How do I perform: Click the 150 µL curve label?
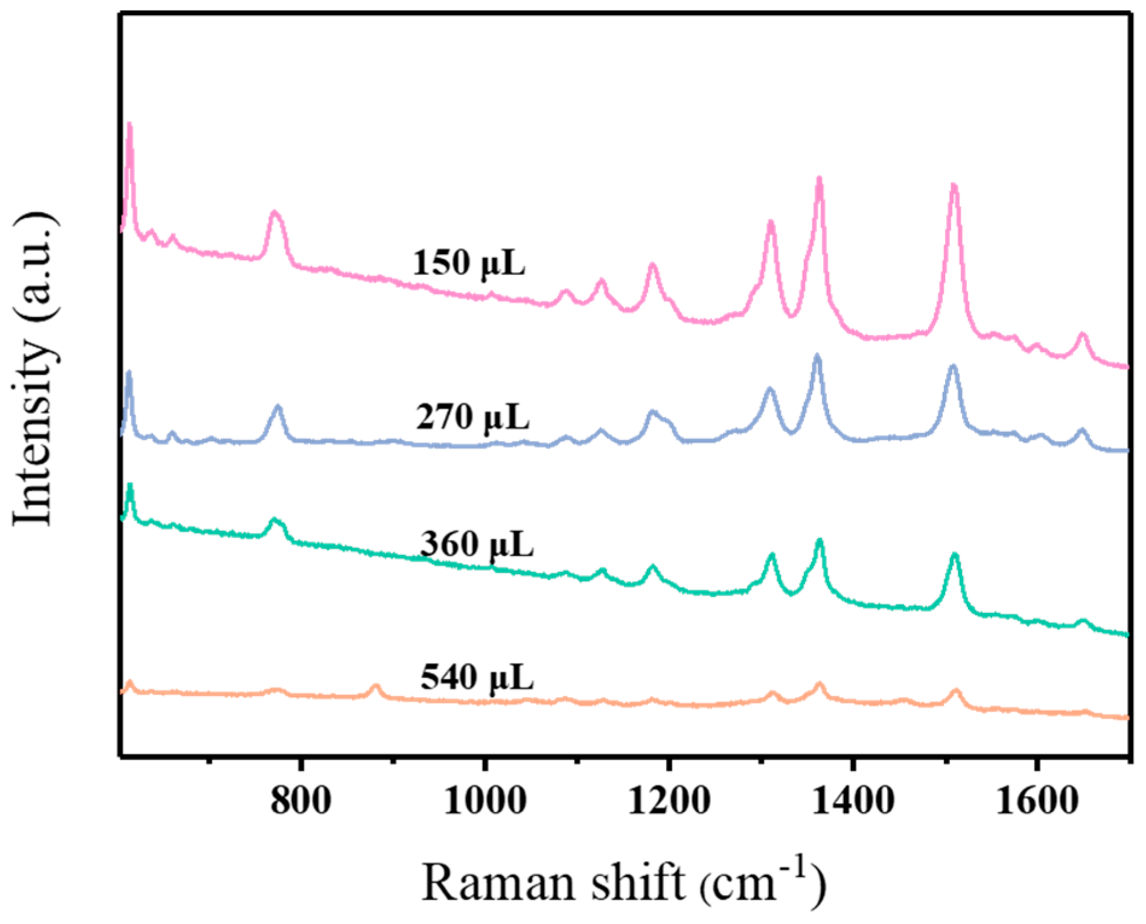(x=469, y=264)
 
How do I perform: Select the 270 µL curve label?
(x=473, y=417)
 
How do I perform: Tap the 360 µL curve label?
(x=477, y=544)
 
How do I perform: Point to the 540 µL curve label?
(x=477, y=677)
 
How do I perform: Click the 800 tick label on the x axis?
(x=301, y=801)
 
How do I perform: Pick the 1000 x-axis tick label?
(x=485, y=801)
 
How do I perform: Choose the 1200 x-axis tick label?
(x=669, y=801)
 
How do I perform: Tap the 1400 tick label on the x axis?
(x=852, y=801)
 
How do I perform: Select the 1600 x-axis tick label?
(x=1036, y=801)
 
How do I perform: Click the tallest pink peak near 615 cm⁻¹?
(x=129, y=126)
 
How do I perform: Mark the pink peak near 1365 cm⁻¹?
(x=819, y=179)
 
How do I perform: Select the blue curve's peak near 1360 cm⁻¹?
(x=817, y=357)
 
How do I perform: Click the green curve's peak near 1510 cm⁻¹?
(x=955, y=555)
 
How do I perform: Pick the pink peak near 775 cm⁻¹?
(x=275, y=213)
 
